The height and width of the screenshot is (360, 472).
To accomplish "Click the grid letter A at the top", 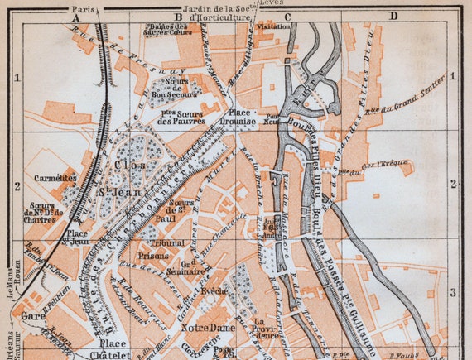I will click(x=75, y=16).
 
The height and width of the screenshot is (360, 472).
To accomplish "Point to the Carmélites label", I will click(x=55, y=177).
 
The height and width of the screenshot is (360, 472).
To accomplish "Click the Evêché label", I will click(x=214, y=292).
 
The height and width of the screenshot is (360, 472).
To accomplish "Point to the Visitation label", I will click(x=274, y=26).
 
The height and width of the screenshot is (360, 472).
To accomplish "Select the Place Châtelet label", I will click(x=113, y=348).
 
